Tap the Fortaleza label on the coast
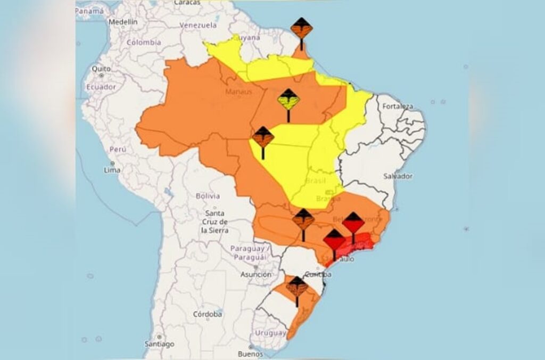point(397,106)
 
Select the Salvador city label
point(398,176)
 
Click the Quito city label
point(101,69)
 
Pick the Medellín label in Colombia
point(123,22)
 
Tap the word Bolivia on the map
point(208,196)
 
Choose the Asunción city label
point(256,275)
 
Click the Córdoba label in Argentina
point(208,314)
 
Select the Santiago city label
point(159,344)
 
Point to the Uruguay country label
point(271,333)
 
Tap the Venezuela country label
point(198,25)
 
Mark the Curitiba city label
point(318,275)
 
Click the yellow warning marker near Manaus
point(288,100)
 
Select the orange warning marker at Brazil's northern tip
point(301,28)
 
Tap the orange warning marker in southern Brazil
point(296,288)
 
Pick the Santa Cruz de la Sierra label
point(214,222)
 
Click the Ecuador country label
point(101,86)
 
